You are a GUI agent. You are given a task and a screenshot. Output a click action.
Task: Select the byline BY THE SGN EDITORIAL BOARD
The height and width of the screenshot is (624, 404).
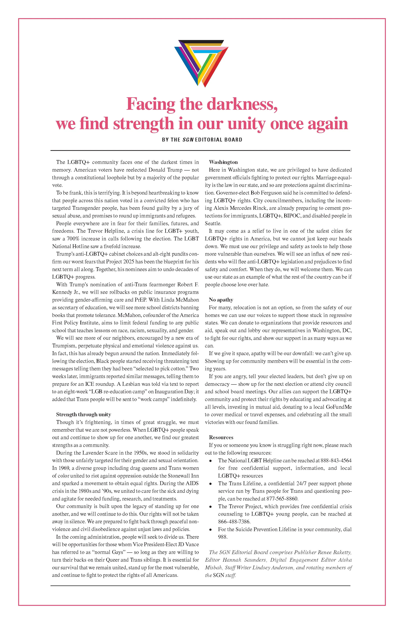(202, 140)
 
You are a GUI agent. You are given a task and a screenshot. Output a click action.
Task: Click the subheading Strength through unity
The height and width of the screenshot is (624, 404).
(83, 415)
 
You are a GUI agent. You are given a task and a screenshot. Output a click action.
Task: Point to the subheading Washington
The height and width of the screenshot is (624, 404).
(223, 162)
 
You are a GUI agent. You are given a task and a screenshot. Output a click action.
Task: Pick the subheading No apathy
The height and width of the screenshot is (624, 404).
(221, 300)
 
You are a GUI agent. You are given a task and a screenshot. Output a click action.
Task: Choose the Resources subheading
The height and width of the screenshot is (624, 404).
(221, 437)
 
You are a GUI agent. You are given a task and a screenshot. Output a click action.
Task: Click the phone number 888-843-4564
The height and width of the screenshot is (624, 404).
(336, 460)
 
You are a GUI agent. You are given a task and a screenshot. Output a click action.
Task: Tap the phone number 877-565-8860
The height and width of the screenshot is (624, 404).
(282, 499)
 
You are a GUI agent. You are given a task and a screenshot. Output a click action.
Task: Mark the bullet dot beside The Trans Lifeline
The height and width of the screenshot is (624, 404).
(210, 484)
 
